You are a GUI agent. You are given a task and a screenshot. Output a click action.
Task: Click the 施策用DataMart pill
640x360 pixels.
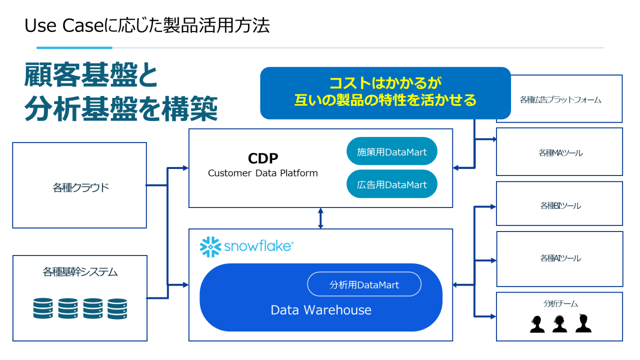[392, 151]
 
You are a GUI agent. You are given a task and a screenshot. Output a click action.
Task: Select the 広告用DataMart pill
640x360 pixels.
[392, 184]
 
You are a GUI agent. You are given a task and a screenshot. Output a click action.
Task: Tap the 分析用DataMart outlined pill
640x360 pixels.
[364, 284]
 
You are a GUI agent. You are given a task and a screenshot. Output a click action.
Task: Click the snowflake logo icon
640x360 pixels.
[210, 246]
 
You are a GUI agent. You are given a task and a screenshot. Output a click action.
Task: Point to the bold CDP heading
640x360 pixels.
[263, 158]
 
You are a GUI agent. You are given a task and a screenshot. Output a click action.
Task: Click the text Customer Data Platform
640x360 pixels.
[263, 173]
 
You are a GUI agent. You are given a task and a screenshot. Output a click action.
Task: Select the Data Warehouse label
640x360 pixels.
[321, 310]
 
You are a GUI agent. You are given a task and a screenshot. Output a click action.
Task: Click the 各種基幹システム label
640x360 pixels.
[80, 272]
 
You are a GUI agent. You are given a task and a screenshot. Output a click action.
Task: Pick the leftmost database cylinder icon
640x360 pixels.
[43, 308]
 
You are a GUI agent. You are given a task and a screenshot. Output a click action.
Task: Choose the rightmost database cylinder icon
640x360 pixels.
[117, 308]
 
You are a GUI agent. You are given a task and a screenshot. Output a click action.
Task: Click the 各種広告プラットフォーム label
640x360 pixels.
[560, 99]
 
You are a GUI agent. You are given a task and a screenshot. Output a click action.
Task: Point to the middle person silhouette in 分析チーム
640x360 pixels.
[560, 324]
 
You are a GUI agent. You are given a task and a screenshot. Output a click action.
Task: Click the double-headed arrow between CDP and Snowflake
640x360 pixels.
[320, 218]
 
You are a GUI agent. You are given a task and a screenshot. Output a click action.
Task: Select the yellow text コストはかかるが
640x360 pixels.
[385, 82]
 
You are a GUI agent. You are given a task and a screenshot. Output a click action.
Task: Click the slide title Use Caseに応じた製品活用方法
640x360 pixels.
[147, 25]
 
